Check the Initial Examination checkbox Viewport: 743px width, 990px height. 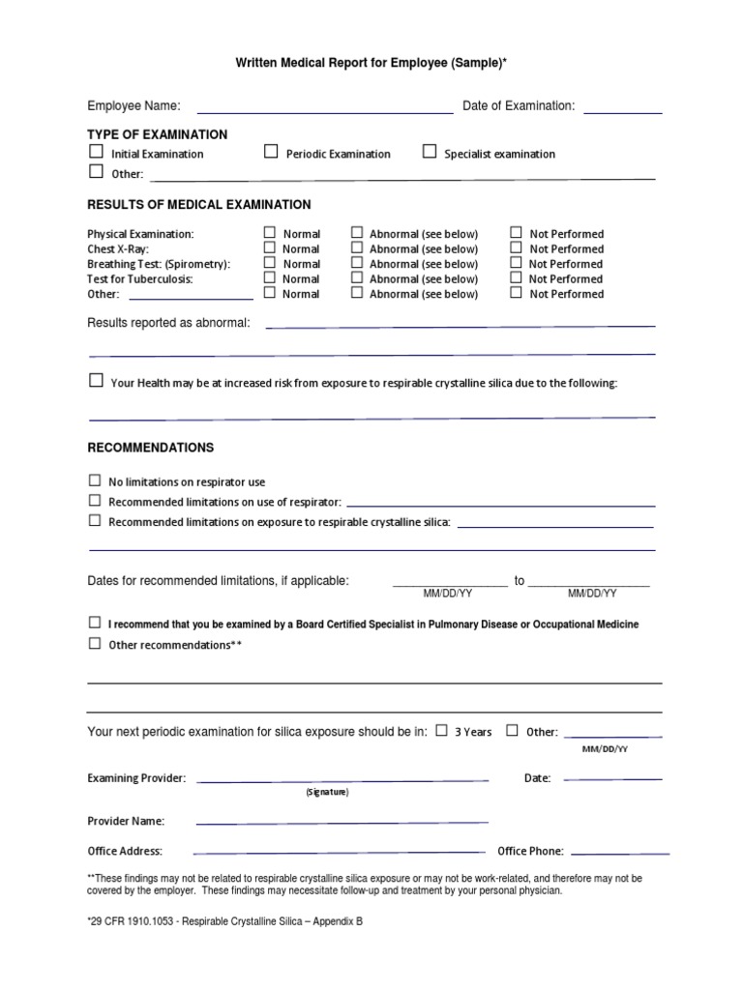click(96, 152)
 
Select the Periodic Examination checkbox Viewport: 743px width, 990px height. click(271, 152)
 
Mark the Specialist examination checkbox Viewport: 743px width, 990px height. click(430, 152)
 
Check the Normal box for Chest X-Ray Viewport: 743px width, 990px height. click(270, 248)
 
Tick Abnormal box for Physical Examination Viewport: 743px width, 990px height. click(357, 233)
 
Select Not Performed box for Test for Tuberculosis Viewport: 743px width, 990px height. click(517, 278)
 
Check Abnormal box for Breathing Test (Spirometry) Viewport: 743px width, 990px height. click(357, 263)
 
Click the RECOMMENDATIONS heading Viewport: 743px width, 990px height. click(151, 449)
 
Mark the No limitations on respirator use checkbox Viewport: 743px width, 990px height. click(95, 480)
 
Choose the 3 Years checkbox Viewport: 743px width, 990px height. click(441, 731)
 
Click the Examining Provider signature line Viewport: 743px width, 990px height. click(342, 778)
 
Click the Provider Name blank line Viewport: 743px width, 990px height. click(342, 822)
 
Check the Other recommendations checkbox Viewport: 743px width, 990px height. click(95, 643)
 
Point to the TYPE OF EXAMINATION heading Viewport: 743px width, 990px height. click(158, 134)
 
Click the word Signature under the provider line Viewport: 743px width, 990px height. click(327, 792)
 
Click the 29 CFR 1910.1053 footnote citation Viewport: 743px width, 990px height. click(224, 921)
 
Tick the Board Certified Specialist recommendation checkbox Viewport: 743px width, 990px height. click(95, 623)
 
